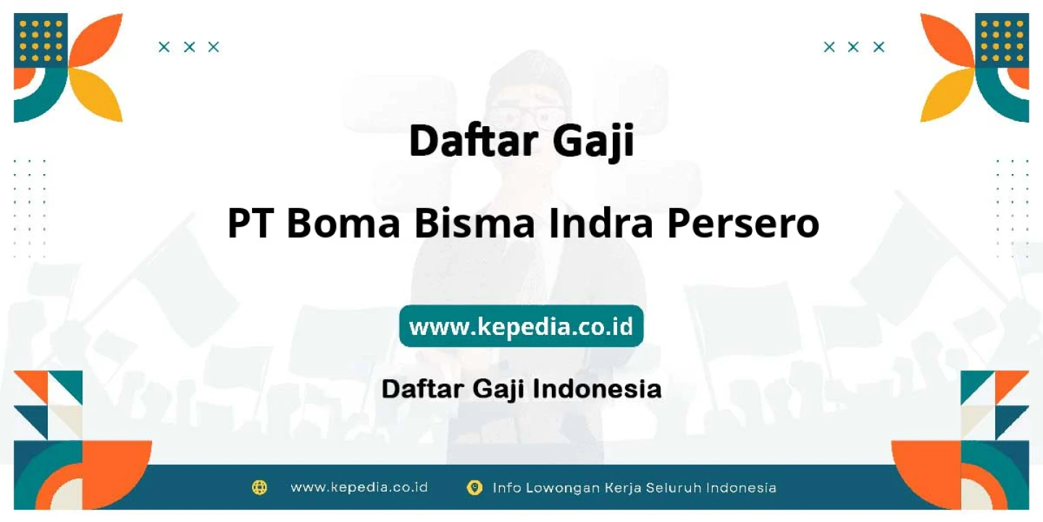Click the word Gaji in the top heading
click(x=594, y=142)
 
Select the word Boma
click(x=343, y=223)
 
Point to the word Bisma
click(x=474, y=223)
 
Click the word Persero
click(x=743, y=223)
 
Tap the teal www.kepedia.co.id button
click(x=521, y=326)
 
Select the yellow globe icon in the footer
click(x=259, y=487)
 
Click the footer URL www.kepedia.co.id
click(x=359, y=487)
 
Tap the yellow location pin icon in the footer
click(x=474, y=487)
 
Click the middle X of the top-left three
click(x=189, y=47)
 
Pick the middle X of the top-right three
click(x=853, y=47)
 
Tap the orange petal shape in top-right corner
click(x=947, y=39)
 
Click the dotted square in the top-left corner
click(x=41, y=40)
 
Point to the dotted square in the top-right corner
click(x=1002, y=40)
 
